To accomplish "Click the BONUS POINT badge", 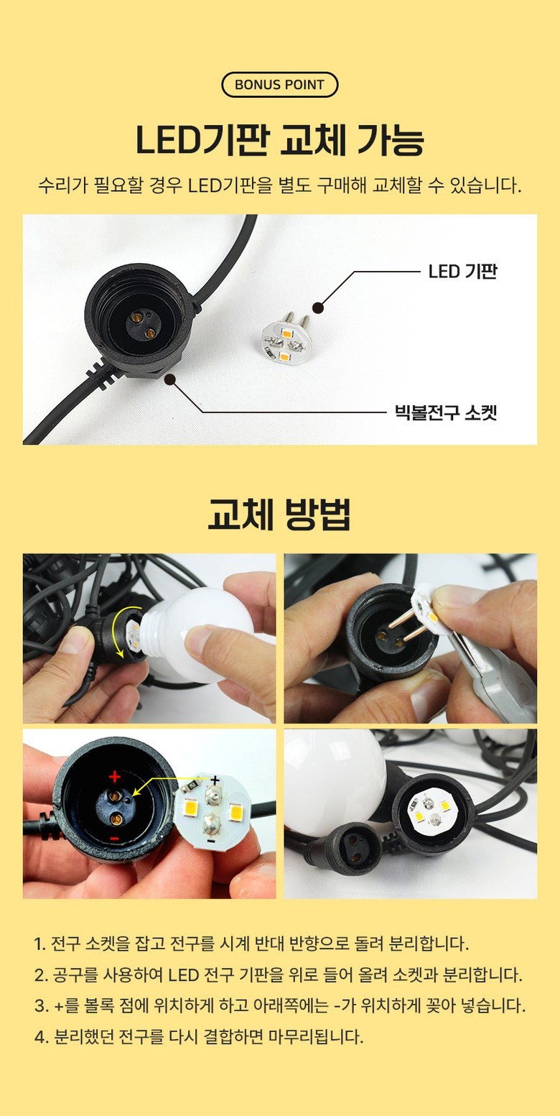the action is [280, 85].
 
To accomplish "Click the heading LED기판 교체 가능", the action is [280, 140].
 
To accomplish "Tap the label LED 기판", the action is [463, 272].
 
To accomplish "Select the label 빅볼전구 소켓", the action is [446, 412].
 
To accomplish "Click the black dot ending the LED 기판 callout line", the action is [319, 308].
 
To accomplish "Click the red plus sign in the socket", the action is [115, 776].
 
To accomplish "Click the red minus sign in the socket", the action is [114, 839].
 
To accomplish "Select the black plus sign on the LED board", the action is [215, 779].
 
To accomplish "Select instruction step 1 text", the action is [252, 944].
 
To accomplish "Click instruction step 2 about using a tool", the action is [279, 974].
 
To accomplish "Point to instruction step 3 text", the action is [280, 1005].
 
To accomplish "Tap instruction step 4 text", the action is [199, 1037].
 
